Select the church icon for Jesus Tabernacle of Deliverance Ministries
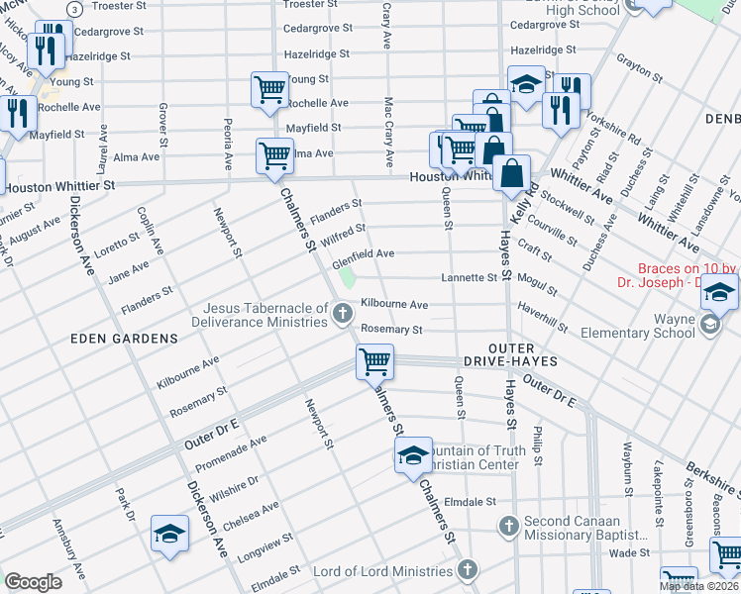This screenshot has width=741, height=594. (343, 315)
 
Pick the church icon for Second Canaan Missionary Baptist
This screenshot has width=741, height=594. (508, 525)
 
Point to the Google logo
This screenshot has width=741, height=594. (33, 582)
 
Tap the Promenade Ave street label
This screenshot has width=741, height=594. (230, 453)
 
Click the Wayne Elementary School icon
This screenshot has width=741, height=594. (709, 325)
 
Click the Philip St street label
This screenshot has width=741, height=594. (536, 446)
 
